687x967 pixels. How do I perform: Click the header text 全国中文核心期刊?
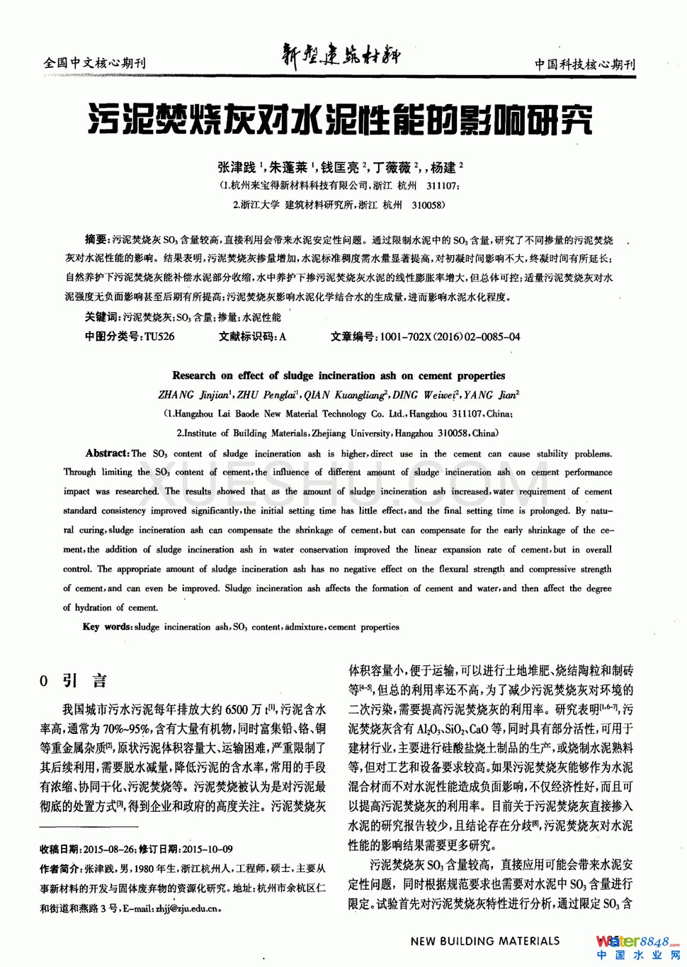94,63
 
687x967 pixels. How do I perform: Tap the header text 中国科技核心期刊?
584,64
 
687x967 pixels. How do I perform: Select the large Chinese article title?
340,119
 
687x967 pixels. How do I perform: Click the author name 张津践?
237,168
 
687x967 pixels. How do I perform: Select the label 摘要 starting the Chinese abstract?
95,240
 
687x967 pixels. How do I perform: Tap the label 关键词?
101,317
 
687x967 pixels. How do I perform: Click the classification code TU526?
159,337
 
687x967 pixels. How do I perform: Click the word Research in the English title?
193,375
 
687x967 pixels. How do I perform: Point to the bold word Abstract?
106,453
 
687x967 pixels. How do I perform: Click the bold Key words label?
107,626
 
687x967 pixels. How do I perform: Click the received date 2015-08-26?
109,849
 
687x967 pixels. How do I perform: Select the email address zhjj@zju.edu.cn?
187,908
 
